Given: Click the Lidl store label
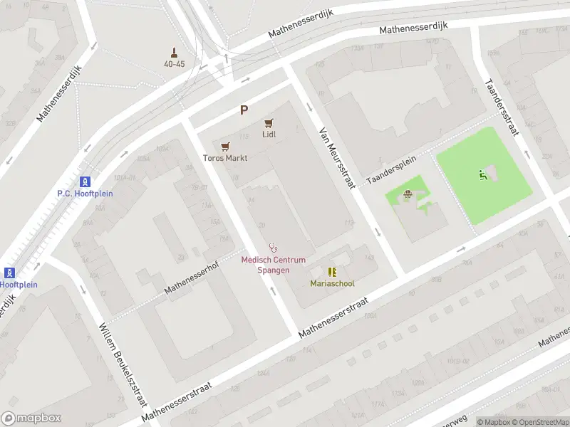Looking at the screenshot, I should coord(269,134).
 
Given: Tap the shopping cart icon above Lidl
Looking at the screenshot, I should coord(269,123).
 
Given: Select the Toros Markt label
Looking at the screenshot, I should coord(225,158).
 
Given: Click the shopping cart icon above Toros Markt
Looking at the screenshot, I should coord(225,147).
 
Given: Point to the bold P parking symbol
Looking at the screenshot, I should coord(244,110).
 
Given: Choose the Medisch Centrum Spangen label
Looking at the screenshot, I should coord(273,265).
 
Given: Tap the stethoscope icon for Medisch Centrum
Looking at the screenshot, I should coord(273,248).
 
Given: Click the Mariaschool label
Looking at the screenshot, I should coord(332,283).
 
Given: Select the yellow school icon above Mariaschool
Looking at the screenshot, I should coord(332,271).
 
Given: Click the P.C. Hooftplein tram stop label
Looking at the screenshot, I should coord(85,194).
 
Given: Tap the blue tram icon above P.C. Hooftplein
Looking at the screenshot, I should coord(85,181).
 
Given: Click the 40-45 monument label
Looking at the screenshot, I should coord(174,63).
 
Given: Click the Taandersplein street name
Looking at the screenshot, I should coord(390,172).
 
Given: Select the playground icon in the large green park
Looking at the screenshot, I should coord(483,174).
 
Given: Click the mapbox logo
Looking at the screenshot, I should coord(31,418).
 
